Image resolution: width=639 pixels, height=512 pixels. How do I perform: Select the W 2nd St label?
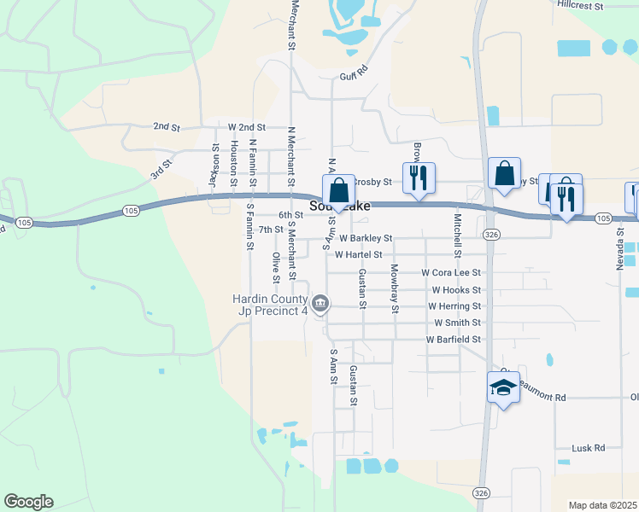[x=247, y=126]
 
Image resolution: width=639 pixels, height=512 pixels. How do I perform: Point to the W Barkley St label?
[x=365, y=238]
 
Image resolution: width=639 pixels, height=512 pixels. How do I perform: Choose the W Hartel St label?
[x=358, y=254]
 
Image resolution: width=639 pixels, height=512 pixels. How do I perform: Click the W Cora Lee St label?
[x=451, y=272]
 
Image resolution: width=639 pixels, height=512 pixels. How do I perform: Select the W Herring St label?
[x=454, y=305]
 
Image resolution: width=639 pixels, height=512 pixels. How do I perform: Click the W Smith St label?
[x=458, y=323]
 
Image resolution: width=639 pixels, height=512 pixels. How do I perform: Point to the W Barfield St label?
[x=454, y=339]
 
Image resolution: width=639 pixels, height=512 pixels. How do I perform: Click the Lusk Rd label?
[x=587, y=447]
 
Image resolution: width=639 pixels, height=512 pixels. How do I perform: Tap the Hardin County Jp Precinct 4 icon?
[x=320, y=304]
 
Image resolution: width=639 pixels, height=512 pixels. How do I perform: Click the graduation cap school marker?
[x=503, y=388]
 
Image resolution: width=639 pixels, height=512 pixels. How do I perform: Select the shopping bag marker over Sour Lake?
[x=338, y=191]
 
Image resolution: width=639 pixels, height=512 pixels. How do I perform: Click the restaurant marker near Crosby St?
[x=419, y=178]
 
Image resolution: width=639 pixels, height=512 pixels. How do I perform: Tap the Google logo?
[x=28, y=502]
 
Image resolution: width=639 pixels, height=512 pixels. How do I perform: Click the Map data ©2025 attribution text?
[x=603, y=505]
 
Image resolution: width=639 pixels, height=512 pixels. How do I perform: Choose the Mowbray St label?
[x=395, y=288]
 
